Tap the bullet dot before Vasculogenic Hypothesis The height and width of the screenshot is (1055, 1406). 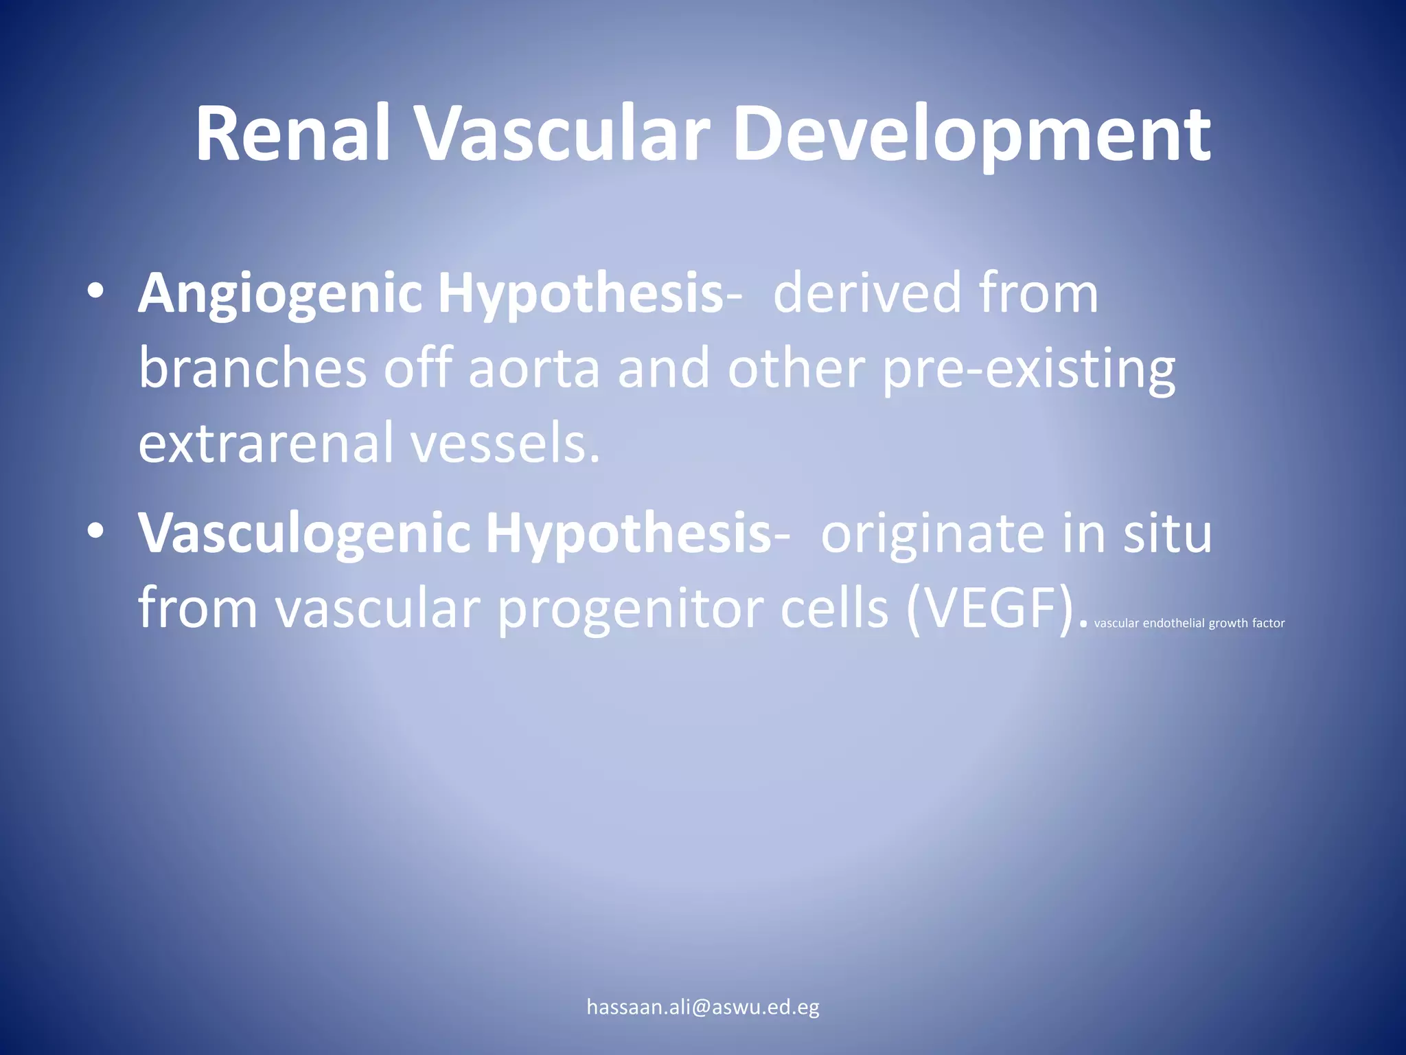[x=95, y=532]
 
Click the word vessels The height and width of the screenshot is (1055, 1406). [x=505, y=444]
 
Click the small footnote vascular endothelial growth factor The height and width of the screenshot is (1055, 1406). [x=1189, y=624]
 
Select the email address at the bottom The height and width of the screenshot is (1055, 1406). [x=703, y=1007]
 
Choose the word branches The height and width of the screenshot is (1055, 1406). [x=253, y=368]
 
